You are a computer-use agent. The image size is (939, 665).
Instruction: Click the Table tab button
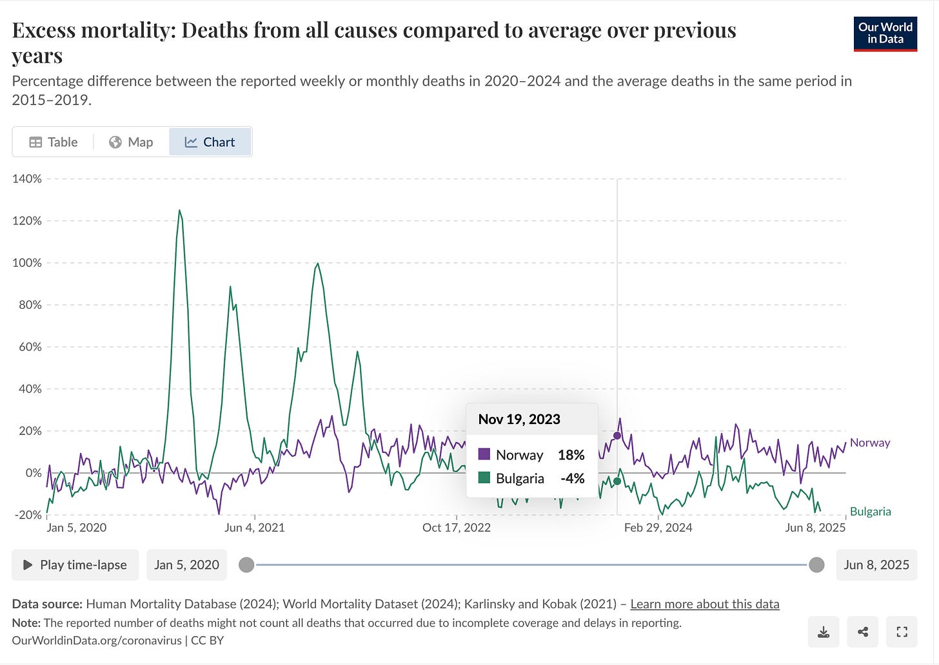point(54,142)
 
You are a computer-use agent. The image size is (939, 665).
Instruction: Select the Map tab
point(131,142)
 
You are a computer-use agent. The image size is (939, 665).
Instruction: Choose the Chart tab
point(210,142)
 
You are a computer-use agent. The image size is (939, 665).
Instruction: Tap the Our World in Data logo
point(885,34)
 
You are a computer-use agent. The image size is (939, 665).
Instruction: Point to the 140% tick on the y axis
point(27,178)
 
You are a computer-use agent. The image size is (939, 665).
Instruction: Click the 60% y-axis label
point(30,347)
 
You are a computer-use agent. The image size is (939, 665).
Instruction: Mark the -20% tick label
point(28,515)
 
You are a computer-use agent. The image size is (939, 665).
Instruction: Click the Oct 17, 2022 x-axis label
point(456,528)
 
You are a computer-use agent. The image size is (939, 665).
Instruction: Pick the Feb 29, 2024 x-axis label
point(658,528)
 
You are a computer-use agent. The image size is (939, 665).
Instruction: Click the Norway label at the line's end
point(869,443)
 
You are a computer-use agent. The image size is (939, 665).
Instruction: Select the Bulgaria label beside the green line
point(870,512)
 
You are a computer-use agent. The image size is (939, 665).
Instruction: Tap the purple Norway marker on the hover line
point(617,436)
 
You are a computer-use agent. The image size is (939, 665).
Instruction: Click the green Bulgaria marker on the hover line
point(617,481)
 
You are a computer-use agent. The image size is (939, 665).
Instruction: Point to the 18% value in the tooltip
point(571,455)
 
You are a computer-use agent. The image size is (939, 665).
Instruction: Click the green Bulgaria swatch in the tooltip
point(484,478)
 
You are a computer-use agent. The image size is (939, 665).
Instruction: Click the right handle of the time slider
point(816,565)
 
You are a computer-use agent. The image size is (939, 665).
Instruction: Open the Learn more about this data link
point(704,604)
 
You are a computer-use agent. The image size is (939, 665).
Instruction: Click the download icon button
point(824,632)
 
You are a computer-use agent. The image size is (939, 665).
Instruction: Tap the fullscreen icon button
point(902,632)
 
